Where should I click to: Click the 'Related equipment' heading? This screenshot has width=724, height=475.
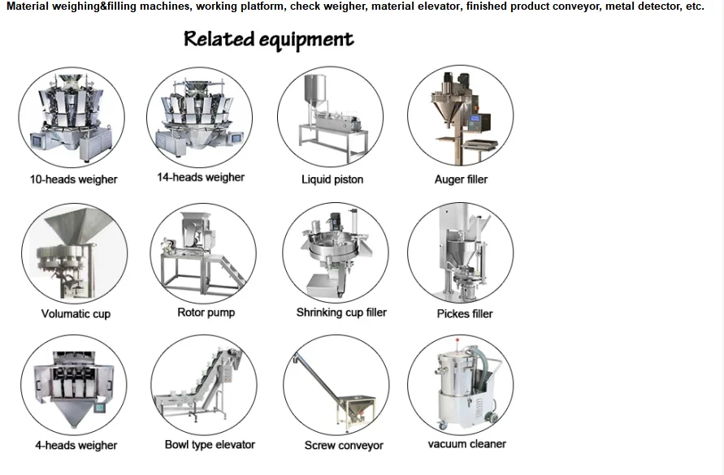(x=269, y=40)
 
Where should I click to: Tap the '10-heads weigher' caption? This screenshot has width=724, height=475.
(x=74, y=179)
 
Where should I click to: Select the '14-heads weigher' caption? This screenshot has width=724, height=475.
(x=201, y=177)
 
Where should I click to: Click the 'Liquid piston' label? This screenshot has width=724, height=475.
(x=332, y=179)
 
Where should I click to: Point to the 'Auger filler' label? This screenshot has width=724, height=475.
(x=461, y=179)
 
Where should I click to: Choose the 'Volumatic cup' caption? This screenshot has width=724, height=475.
(x=76, y=313)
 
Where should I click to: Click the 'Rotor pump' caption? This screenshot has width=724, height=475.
(x=206, y=313)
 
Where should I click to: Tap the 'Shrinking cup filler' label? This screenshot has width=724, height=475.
(x=341, y=313)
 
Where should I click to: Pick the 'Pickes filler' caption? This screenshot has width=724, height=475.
(x=465, y=313)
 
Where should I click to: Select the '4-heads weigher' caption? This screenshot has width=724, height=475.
(x=76, y=445)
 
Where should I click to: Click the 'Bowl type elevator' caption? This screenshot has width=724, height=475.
(x=210, y=445)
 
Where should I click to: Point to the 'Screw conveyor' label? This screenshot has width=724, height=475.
(x=344, y=445)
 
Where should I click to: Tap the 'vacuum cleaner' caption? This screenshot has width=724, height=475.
(x=466, y=444)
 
